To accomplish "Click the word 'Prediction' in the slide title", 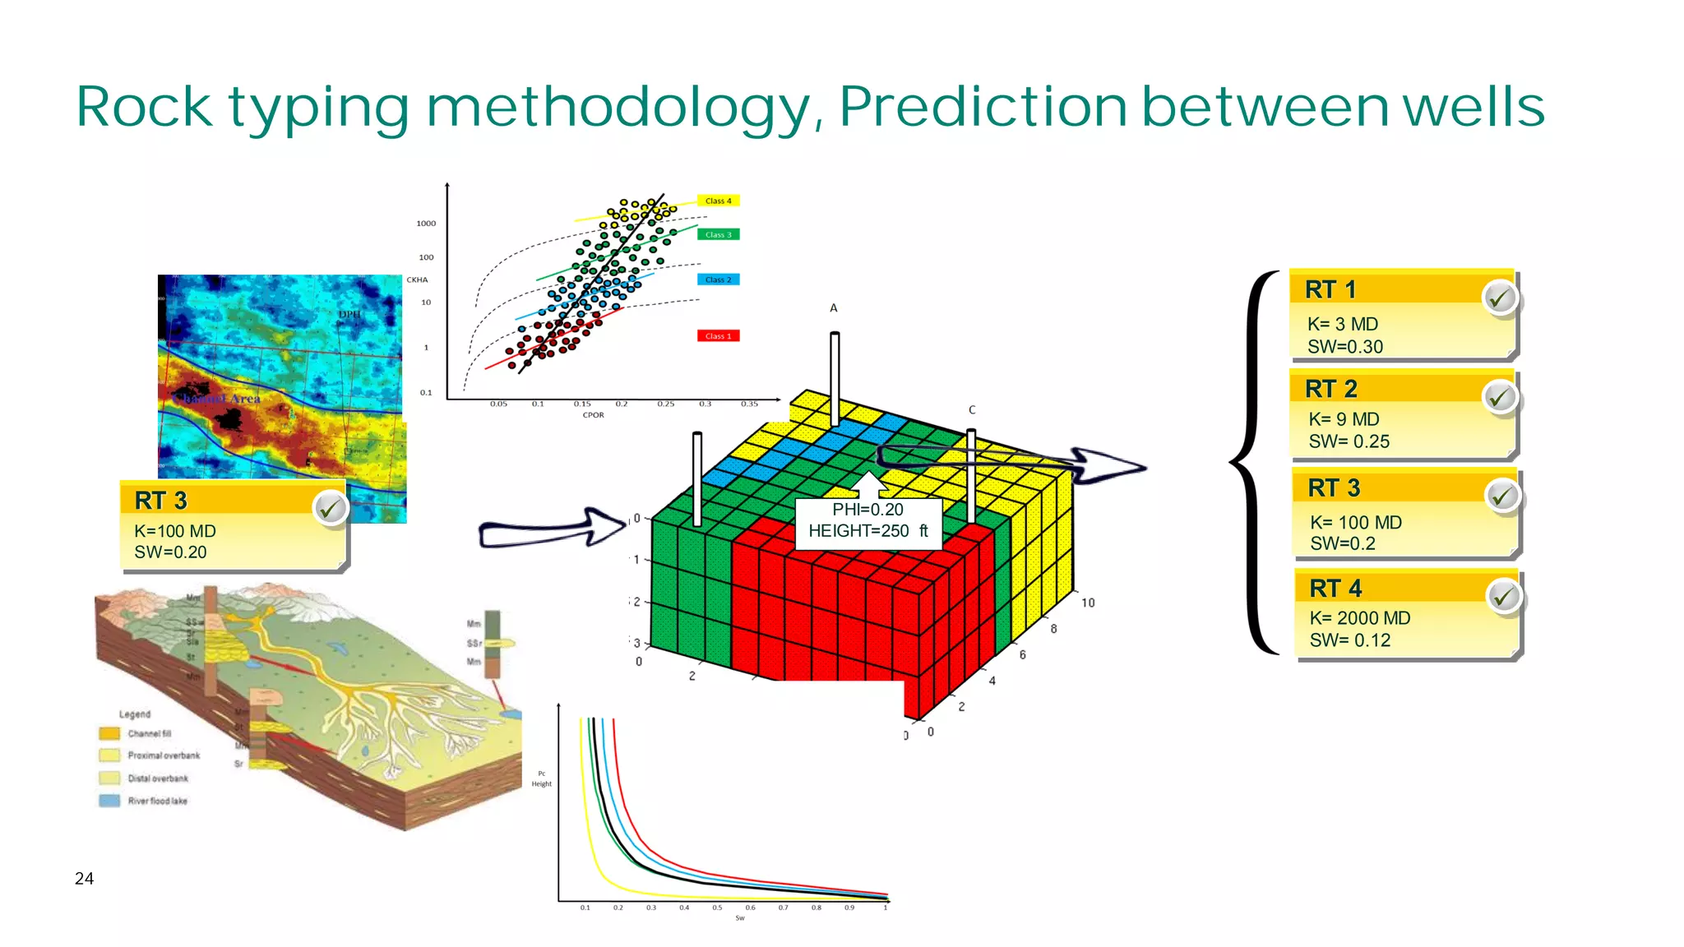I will tap(983, 107).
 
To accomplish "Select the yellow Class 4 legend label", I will tap(718, 201).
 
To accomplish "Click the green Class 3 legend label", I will tap(718, 234).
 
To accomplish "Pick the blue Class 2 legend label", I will tap(718, 279).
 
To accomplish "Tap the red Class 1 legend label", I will tap(718, 335).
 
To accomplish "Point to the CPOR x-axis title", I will tap(593, 415).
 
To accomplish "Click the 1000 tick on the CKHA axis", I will tap(426, 224).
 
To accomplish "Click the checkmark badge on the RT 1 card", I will tap(1501, 298).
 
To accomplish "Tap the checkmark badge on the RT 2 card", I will tap(1501, 398).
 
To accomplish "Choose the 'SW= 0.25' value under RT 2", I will tap(1349, 441).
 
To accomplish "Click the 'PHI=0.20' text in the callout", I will tap(867, 510).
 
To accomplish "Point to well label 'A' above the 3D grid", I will tap(833, 308).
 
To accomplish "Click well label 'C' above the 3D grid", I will tap(972, 409).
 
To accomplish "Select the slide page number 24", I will tap(84, 879).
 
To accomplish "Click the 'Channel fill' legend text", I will tap(150, 733).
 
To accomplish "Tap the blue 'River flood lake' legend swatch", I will tap(109, 801).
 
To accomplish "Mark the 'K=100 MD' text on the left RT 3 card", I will tap(175, 531).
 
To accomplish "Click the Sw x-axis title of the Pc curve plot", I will tap(740, 918).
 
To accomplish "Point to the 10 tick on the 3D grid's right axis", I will tap(1088, 603).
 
